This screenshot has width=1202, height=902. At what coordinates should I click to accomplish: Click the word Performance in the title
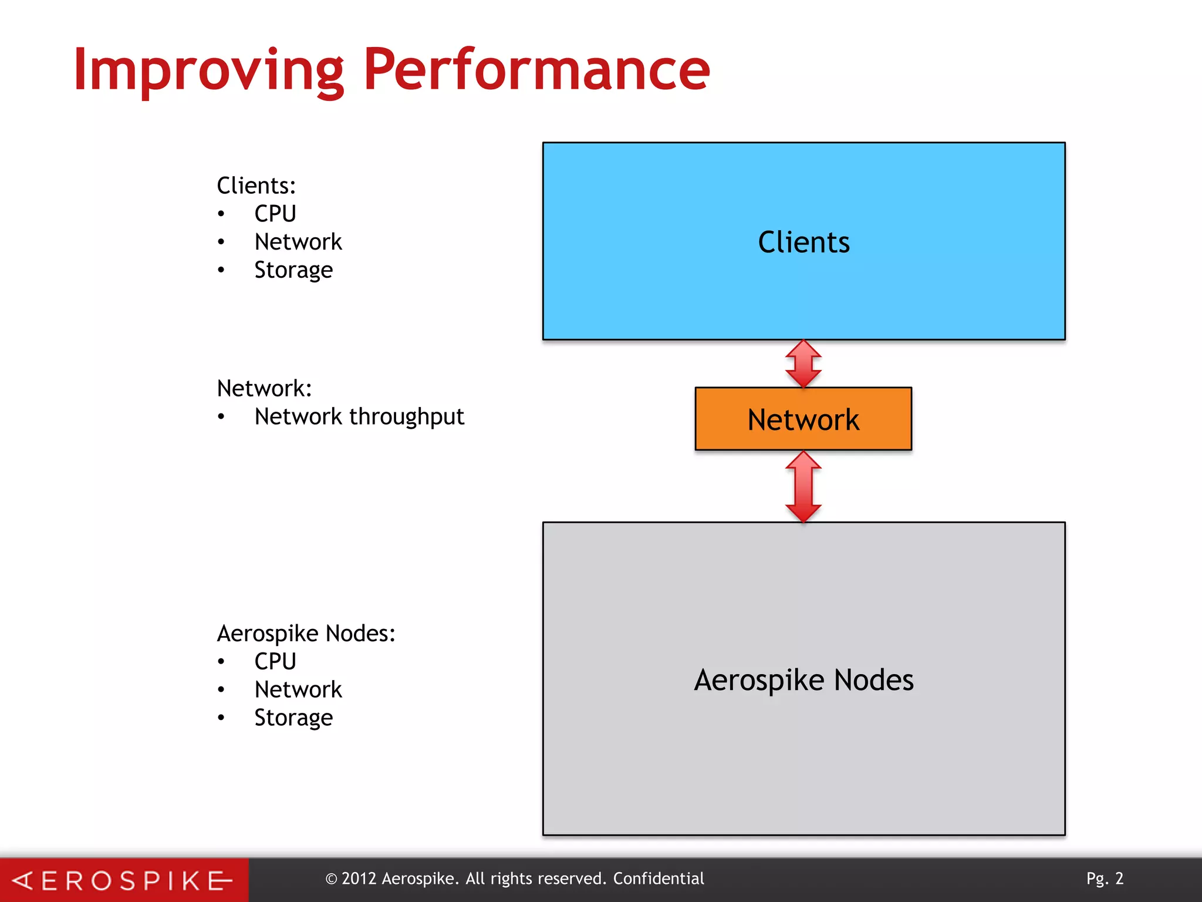coord(536,70)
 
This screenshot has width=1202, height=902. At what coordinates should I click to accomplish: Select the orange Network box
coord(803,419)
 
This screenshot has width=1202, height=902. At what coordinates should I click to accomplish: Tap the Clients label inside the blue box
coord(803,243)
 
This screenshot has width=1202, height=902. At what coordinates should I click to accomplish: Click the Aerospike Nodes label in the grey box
coord(803,680)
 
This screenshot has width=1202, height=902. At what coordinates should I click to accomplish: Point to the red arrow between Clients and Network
coord(803,364)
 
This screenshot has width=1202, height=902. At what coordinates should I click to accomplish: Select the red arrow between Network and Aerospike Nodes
coord(803,487)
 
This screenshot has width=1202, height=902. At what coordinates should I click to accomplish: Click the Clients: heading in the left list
coord(256,186)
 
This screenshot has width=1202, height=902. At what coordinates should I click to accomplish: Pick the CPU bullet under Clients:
coord(275,214)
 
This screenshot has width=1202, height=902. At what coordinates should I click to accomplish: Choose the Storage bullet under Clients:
coord(293,270)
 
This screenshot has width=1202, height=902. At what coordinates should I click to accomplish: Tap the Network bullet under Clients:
coord(298,242)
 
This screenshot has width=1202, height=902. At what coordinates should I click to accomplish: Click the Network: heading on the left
coord(264,389)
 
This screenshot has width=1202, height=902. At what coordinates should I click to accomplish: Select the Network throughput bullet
coord(359,417)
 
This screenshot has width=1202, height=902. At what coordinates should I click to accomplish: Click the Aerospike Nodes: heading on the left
coord(306,634)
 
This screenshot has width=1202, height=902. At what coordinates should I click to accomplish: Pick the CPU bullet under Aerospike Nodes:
coord(275,662)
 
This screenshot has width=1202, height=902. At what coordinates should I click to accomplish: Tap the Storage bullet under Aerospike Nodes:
coord(293,718)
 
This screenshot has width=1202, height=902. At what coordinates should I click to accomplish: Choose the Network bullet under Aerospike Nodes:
coord(298,690)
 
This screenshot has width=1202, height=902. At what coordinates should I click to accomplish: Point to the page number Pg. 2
coord(1105,879)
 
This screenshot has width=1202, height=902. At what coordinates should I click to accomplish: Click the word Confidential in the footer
coord(659,879)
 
